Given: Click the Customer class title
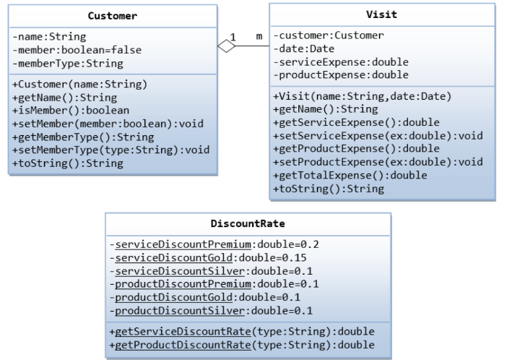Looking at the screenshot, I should (112, 15).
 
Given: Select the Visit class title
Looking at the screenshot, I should (381, 14).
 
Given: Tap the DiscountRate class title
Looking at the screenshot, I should (247, 223).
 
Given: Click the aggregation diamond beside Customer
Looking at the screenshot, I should (227, 46).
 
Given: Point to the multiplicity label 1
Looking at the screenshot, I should (233, 36).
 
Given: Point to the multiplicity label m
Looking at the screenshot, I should (259, 36).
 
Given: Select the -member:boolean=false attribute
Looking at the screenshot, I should (77, 49).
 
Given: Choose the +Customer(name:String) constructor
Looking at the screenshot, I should (80, 84).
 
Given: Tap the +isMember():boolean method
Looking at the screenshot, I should (71, 111).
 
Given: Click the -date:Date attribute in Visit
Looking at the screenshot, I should (306, 48).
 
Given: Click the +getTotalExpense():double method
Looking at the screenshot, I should (350, 175).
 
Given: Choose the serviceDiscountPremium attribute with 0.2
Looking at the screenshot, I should (214, 244).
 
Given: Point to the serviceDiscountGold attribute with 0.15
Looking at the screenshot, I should (208, 257).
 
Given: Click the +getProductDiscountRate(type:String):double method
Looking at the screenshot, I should (242, 345).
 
